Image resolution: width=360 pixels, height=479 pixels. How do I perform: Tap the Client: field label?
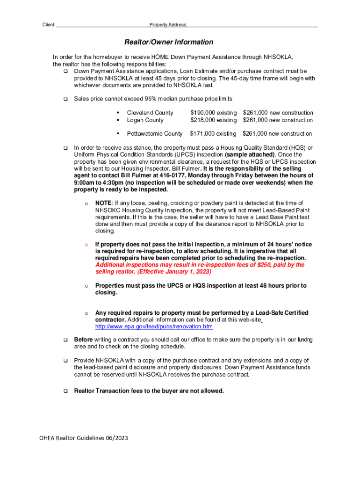(49, 25)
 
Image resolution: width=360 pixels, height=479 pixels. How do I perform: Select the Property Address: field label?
(168, 25)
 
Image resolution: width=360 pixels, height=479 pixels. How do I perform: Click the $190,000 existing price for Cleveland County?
(213, 113)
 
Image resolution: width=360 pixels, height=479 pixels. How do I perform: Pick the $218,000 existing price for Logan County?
(213, 120)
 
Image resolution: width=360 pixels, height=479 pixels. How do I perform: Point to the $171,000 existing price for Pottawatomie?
(213, 134)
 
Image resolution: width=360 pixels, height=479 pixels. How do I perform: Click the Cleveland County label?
(150, 113)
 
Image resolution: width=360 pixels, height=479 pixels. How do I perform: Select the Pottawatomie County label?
(155, 134)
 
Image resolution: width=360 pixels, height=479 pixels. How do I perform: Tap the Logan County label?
(145, 120)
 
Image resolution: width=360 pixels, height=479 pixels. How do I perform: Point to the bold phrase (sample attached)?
(250, 154)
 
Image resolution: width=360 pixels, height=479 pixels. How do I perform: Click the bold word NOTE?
(103, 203)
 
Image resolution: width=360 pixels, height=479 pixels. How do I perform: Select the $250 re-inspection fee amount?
(263, 265)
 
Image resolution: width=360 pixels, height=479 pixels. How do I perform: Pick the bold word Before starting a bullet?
(84, 340)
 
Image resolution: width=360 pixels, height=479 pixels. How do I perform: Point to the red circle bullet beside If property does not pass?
(86, 245)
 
